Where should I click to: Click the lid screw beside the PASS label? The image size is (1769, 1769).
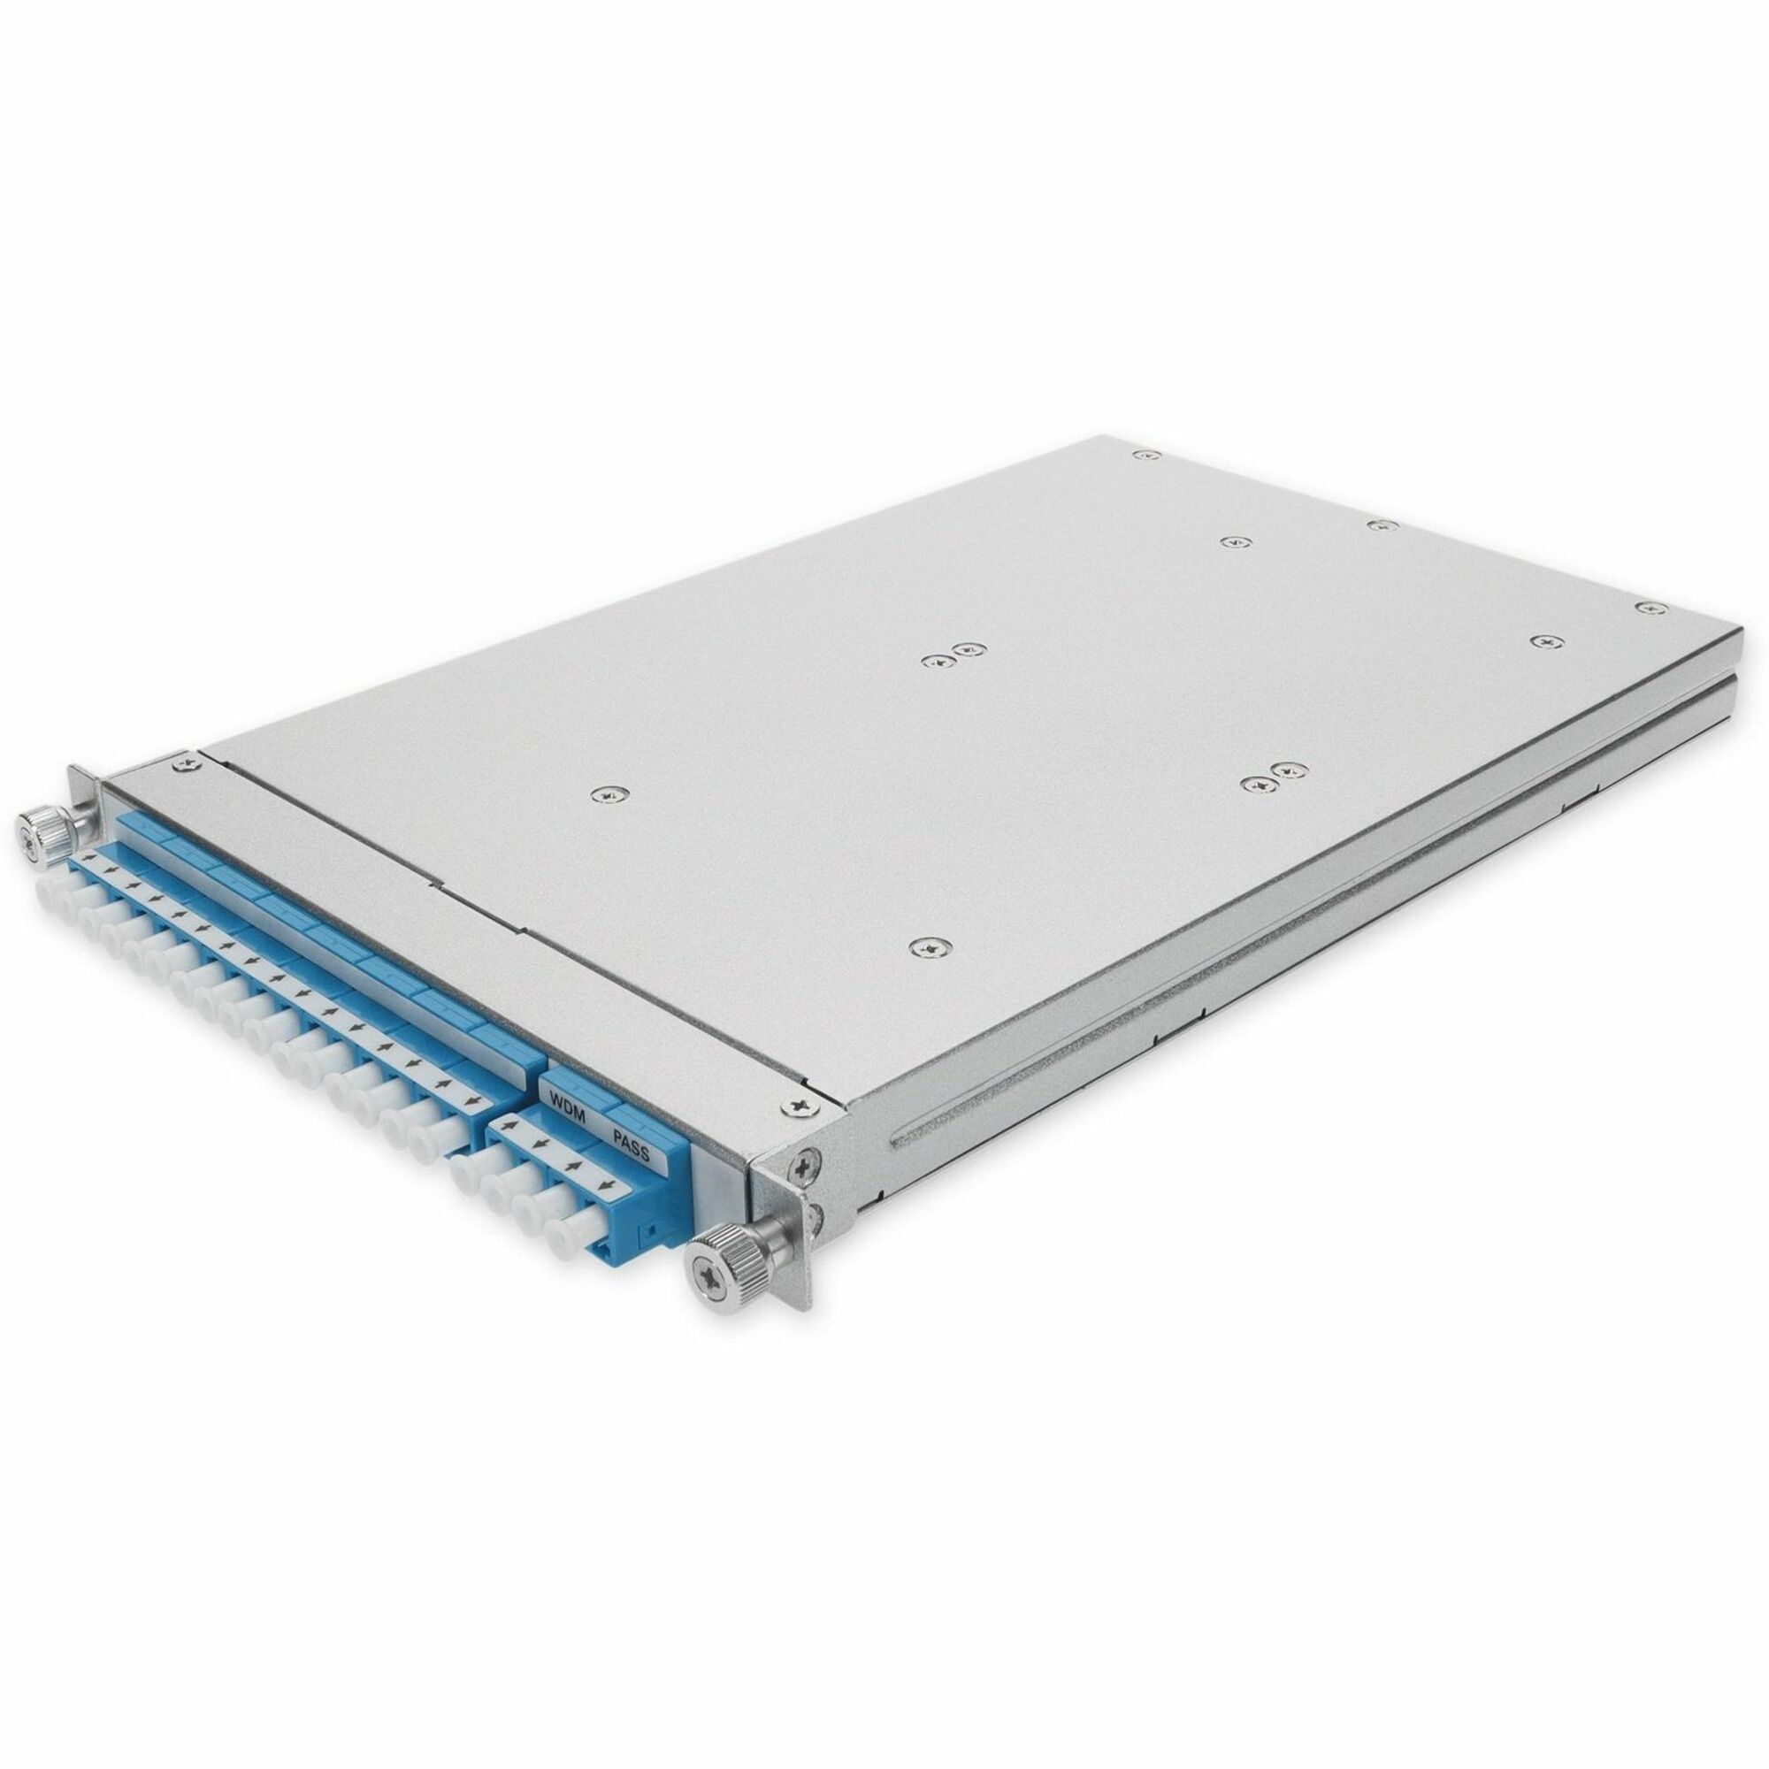799,1107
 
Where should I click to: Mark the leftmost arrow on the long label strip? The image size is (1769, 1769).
88,860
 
